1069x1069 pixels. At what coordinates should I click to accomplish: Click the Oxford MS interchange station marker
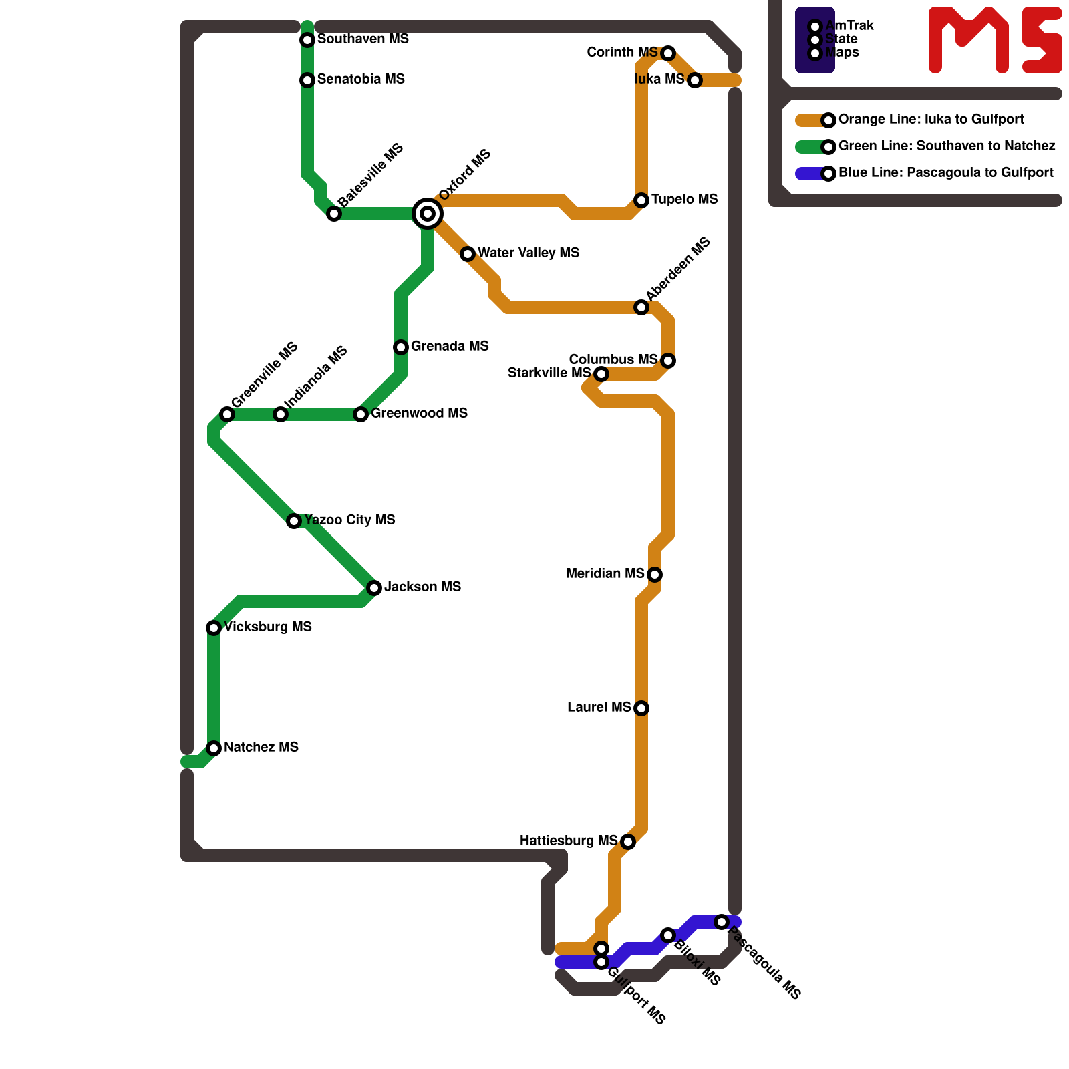click(x=428, y=214)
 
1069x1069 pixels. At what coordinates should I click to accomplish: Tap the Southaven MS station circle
click(x=307, y=40)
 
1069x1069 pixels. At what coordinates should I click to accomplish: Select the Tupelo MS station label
click(x=684, y=200)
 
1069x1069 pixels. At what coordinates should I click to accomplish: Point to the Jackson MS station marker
click(x=374, y=588)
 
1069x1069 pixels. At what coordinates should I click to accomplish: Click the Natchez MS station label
click(x=261, y=748)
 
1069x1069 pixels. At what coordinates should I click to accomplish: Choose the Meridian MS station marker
click(x=655, y=575)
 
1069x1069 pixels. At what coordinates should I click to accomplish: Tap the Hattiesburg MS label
click(x=569, y=841)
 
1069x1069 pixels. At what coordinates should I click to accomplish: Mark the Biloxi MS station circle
click(x=668, y=935)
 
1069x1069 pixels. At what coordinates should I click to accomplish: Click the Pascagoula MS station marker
click(x=722, y=922)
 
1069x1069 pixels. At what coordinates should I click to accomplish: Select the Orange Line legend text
click(x=931, y=120)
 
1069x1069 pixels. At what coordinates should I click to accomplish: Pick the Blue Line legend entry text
click(x=945, y=173)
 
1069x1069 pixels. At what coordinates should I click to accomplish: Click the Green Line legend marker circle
click(x=828, y=147)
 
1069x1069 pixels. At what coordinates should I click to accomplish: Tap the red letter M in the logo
click(x=968, y=40)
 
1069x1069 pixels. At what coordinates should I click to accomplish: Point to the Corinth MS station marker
click(x=668, y=53)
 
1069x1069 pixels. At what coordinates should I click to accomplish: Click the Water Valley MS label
click(x=528, y=253)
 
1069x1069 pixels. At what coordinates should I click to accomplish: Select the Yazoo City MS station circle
click(x=294, y=521)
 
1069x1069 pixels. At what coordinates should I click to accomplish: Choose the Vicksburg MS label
click(x=268, y=627)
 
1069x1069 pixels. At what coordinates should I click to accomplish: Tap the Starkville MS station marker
click(x=601, y=374)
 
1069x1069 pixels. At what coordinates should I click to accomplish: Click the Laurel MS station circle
click(x=641, y=708)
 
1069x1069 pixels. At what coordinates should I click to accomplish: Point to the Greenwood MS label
click(x=419, y=414)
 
